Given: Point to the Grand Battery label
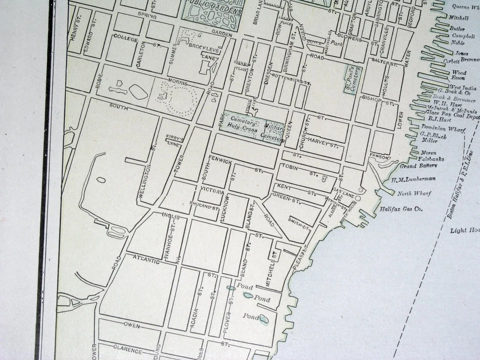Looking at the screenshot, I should [418, 165].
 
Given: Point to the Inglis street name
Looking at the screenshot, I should [170, 215].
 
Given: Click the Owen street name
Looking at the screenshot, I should [131, 325].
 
